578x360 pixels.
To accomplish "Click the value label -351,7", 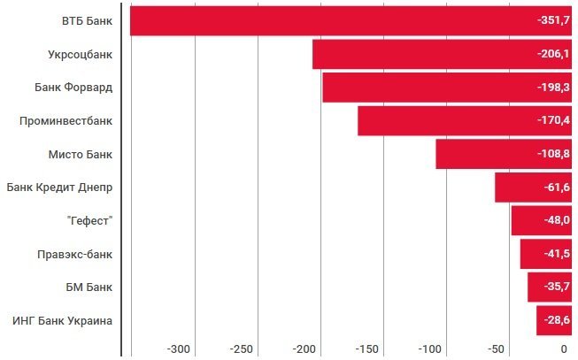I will click(553, 20).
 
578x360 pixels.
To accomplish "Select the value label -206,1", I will click(553, 54).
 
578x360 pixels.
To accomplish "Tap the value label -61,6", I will click(557, 188).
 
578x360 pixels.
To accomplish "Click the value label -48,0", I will click(557, 220).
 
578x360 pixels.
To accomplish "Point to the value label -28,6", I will click(557, 320).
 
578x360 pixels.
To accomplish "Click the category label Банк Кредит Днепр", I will click(59, 188).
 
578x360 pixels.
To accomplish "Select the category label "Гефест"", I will click(89, 220).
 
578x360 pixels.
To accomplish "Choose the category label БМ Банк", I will click(91, 287).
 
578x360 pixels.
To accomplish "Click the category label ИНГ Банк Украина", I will click(62, 320).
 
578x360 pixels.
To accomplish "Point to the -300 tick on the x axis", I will click(180, 349).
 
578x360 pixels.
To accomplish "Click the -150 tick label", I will click(369, 349).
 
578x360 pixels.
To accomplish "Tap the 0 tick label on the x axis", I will click(564, 349).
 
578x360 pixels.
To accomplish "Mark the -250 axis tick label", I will click(243, 349).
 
